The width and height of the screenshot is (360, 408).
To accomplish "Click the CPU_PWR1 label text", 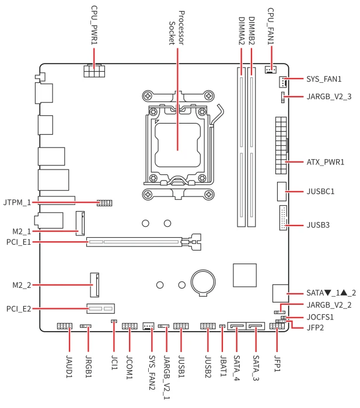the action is pyautogui.click(x=94, y=25).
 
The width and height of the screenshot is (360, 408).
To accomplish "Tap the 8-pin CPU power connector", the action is pyautogui.click(x=95, y=71).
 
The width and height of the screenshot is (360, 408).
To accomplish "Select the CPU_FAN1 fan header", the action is pyautogui.click(x=271, y=69).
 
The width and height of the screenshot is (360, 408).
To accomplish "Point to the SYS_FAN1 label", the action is pyautogui.click(x=324, y=79).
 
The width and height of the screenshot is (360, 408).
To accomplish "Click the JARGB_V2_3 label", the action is pyautogui.click(x=329, y=97).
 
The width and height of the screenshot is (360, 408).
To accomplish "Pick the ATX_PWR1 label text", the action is pyautogui.click(x=326, y=162).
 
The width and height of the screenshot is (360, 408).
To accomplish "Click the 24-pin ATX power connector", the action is pyautogui.click(x=281, y=145).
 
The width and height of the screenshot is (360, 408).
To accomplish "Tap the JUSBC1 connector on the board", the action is pyautogui.click(x=282, y=192).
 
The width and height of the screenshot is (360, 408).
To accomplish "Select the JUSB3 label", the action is pyautogui.click(x=318, y=225).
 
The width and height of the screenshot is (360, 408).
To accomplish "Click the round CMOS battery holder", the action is pyautogui.click(x=203, y=283).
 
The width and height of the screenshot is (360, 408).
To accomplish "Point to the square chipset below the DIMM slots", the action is pyautogui.click(x=244, y=275).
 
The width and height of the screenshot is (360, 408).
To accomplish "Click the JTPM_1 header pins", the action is pyautogui.click(x=104, y=203).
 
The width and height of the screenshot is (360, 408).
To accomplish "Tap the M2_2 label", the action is pyautogui.click(x=22, y=285).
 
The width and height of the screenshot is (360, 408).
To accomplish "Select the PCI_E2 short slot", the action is pyautogui.click(x=101, y=309).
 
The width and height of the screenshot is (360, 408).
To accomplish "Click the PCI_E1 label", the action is pyautogui.click(x=19, y=242).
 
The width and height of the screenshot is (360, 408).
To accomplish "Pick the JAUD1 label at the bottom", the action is pyautogui.click(x=69, y=367).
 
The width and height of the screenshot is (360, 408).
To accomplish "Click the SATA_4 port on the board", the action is pyautogui.click(x=237, y=326).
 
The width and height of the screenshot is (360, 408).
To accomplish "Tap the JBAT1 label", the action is pyautogui.click(x=223, y=366).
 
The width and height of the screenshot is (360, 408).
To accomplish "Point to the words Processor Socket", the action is pyautogui.click(x=177, y=28).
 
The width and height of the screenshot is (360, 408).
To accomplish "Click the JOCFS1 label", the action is pyautogui.click(x=320, y=317).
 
